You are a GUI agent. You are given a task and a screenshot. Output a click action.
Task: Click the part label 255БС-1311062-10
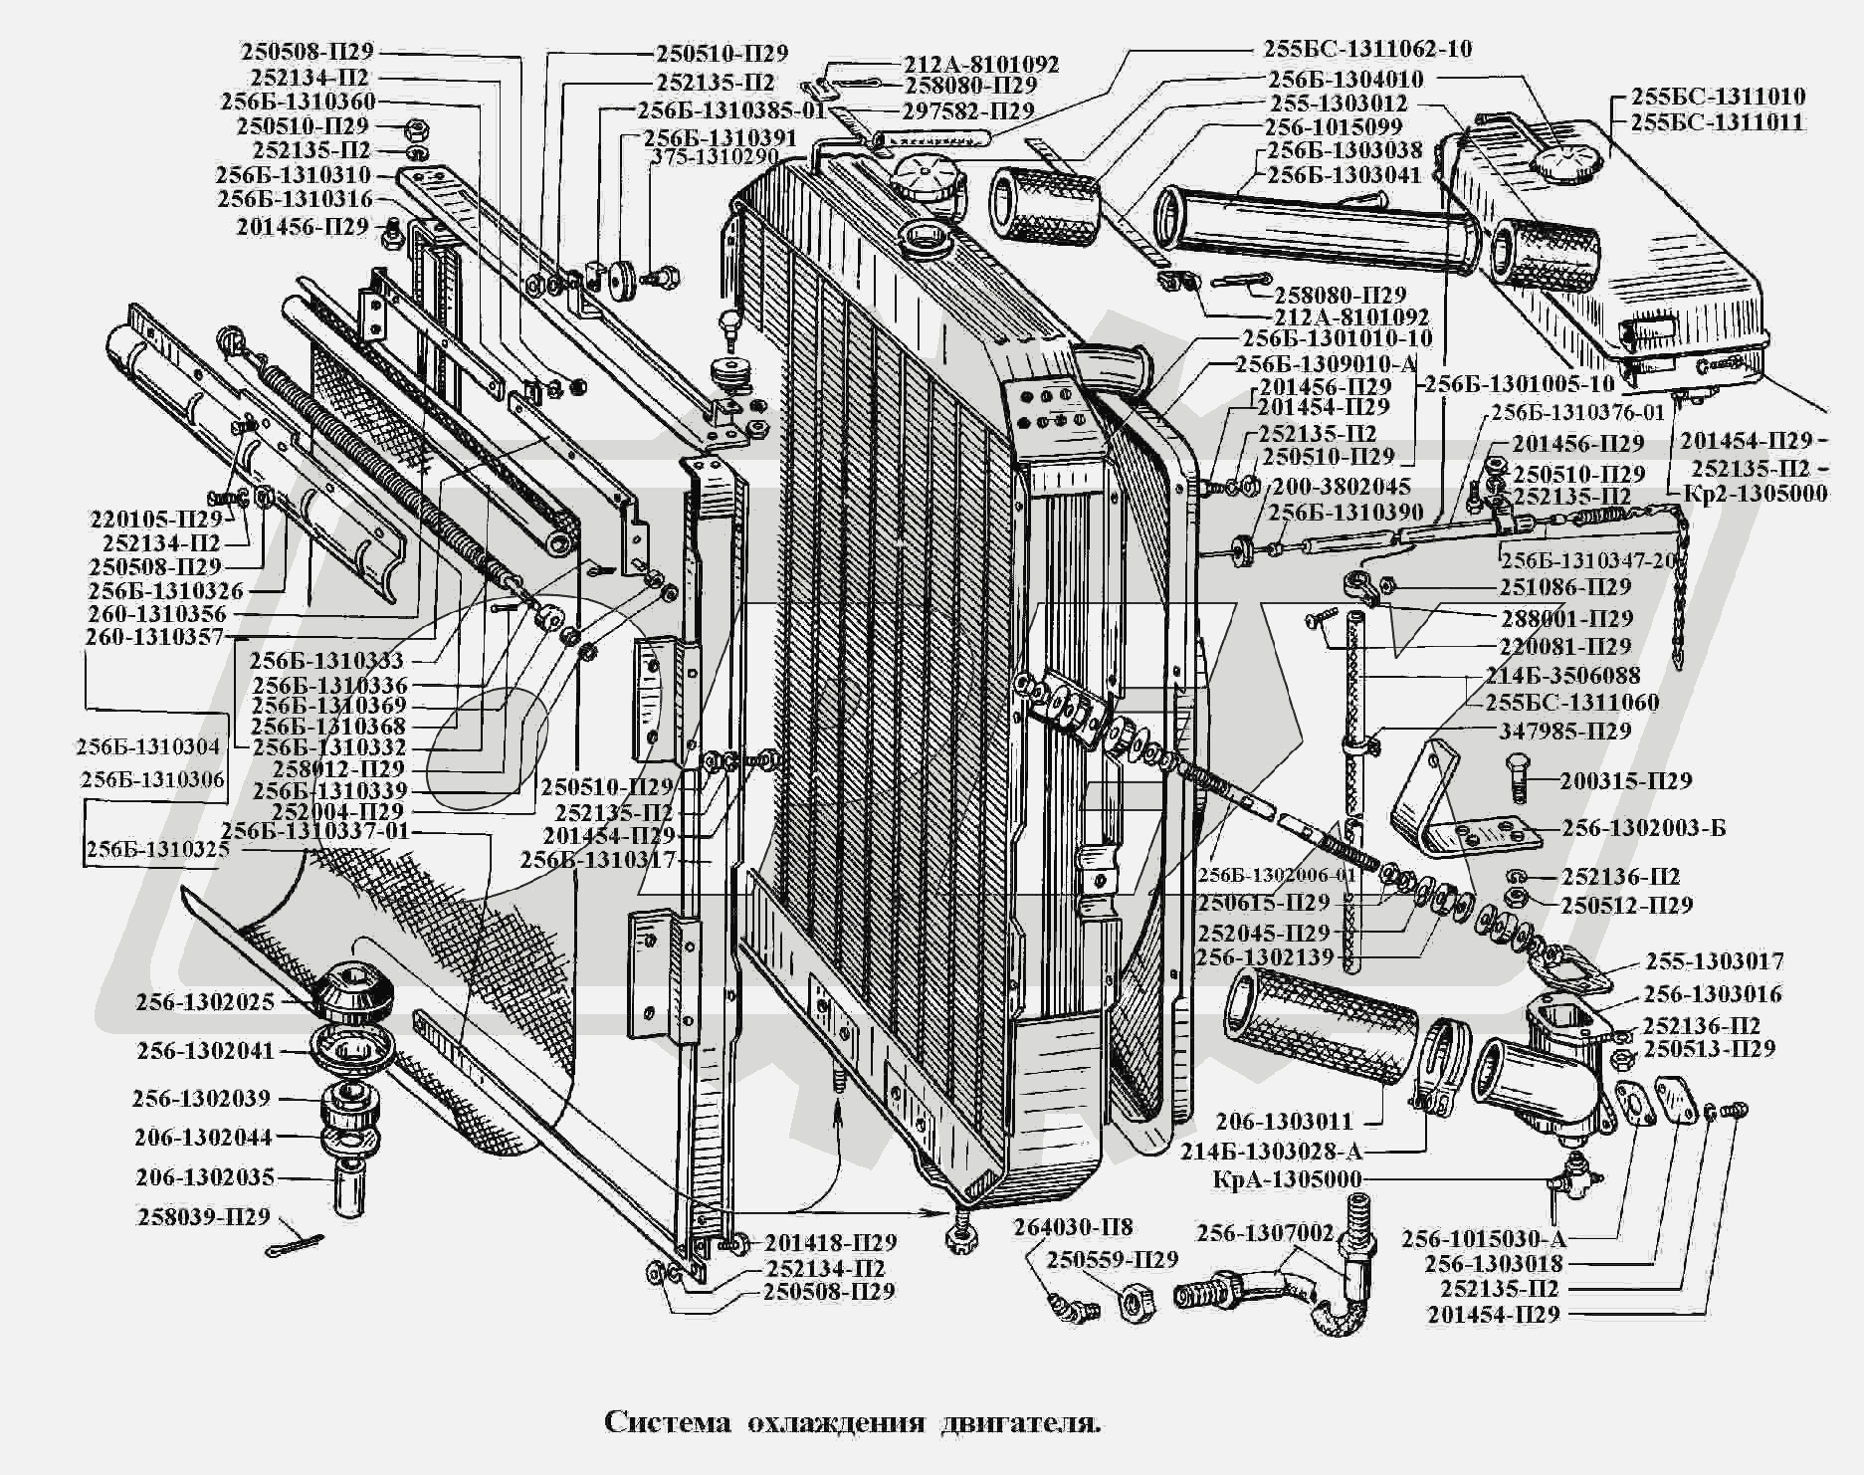point(1367,49)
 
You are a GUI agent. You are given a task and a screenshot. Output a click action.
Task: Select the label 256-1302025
point(206,1002)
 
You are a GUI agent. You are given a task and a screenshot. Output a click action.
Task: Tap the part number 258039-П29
point(203,1218)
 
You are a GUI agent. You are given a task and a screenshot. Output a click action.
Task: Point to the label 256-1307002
point(1264,1232)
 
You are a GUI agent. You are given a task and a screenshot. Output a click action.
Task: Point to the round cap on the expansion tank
point(1568,158)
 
